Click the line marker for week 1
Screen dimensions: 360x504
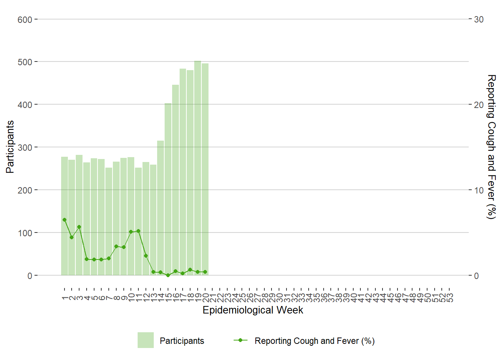[x=64, y=220]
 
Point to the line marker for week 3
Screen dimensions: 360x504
[x=79, y=227]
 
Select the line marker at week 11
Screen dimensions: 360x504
[x=138, y=231]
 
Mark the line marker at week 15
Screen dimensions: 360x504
[x=168, y=275]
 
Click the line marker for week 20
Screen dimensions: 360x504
[x=205, y=272]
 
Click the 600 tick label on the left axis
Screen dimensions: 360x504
[x=25, y=19]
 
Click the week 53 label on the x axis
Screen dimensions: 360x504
[x=450, y=298]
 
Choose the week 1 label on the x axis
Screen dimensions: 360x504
[x=64, y=298]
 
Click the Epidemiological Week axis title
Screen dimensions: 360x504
[x=253, y=310]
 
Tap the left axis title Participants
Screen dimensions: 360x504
[x=10, y=147]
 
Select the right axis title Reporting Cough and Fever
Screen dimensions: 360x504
[x=491, y=147]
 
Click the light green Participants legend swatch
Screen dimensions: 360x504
[x=145, y=340]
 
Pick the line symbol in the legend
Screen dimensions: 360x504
[x=240, y=340]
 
